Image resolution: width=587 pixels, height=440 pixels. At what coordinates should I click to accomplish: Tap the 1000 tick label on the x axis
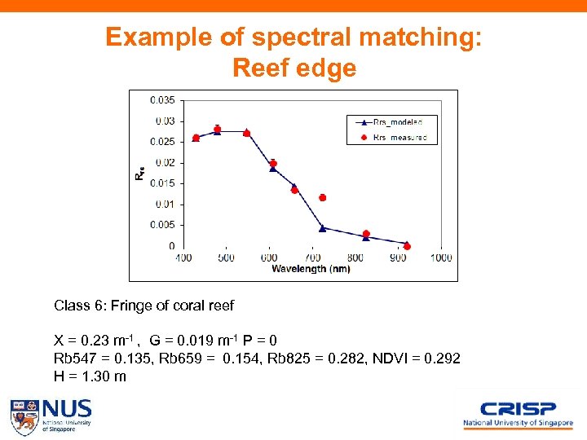click(x=440, y=257)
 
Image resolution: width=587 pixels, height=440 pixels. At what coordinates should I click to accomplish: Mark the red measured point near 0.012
click(x=323, y=197)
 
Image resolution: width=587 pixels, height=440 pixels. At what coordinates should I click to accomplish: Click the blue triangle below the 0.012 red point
click(x=323, y=227)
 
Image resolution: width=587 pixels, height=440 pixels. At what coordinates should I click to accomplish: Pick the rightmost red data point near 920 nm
click(x=407, y=246)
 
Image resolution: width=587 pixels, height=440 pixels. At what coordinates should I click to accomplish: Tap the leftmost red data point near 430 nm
click(x=196, y=138)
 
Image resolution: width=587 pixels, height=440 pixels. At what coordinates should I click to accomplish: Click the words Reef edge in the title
click(x=293, y=68)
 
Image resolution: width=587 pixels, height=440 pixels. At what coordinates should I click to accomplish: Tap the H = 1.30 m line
click(x=90, y=376)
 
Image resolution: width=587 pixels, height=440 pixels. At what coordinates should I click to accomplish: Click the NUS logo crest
click(x=24, y=416)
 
